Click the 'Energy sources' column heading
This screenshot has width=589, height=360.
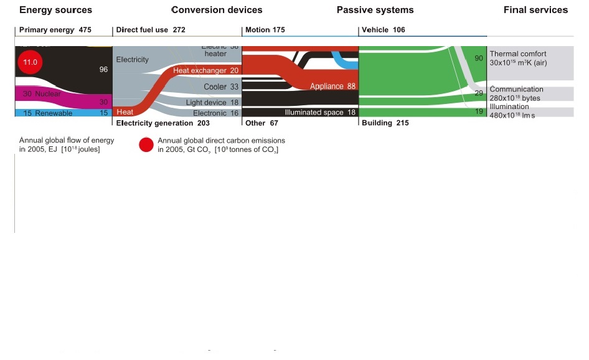(56, 10)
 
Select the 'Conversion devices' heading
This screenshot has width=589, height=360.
(217, 10)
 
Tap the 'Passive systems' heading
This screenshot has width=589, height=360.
(375, 10)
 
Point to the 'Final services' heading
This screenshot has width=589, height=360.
(535, 10)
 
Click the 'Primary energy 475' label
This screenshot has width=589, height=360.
(56, 30)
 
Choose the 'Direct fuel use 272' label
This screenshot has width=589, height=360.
(151, 30)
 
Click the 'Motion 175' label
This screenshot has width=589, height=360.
(265, 30)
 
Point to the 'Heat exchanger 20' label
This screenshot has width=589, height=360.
(205, 71)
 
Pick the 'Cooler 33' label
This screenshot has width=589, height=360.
(221, 87)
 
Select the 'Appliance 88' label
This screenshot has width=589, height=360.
(332, 87)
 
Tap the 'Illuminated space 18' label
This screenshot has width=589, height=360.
(320, 113)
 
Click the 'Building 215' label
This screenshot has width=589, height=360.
(385, 123)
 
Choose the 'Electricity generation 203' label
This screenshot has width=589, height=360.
(159, 123)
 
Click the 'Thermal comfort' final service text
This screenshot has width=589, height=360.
(518, 54)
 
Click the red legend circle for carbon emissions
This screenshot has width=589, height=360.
(146, 145)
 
